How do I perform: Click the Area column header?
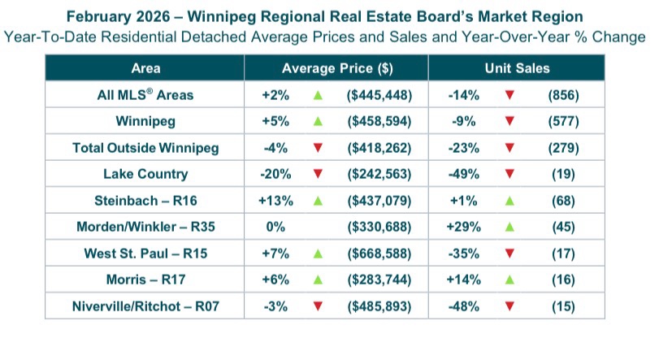tap(145, 68)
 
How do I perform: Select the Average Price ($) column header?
tap(336, 68)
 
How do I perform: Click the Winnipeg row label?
tap(145, 122)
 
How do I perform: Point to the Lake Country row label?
tap(145, 174)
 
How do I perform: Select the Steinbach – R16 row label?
tap(145, 200)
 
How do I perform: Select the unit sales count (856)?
tap(563, 95)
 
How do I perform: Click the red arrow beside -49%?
tap(509, 174)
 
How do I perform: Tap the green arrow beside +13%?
tap(318, 200)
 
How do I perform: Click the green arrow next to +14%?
tap(509, 280)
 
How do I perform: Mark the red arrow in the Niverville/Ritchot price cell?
tap(318, 306)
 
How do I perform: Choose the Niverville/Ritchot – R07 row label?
tap(145, 306)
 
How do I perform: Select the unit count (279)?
tap(563, 148)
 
